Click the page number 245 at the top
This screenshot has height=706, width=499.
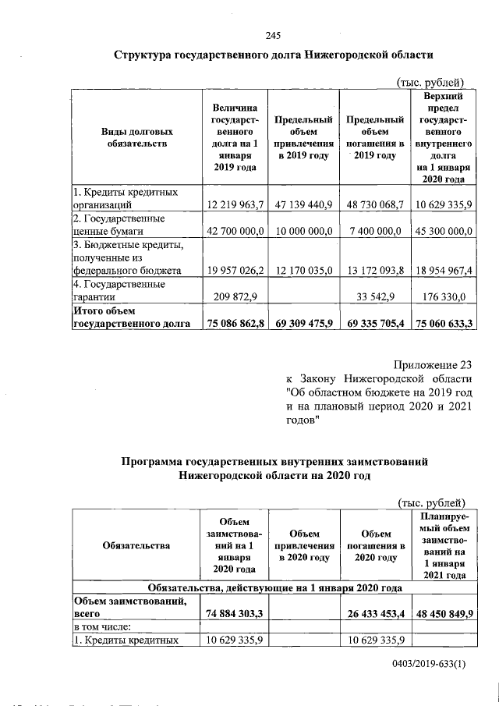272,35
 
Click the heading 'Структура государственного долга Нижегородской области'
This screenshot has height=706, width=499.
272,56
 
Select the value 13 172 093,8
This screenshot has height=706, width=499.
374,271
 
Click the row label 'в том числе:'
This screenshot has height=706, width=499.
101,627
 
